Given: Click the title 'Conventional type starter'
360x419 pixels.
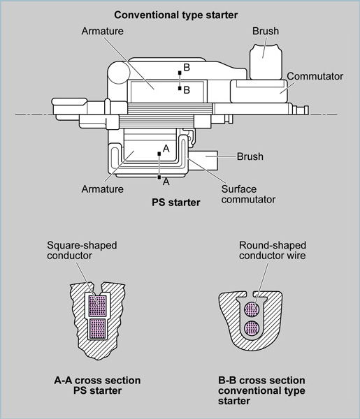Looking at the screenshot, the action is coord(175,15).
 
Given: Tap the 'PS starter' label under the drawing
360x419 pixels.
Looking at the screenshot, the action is coord(175,203).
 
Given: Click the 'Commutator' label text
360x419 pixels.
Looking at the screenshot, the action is coord(315,76).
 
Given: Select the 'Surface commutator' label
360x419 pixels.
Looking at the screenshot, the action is coord(248,194).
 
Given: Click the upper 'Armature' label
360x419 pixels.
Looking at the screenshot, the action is coord(103,31).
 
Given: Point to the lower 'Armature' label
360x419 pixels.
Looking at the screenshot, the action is coord(103,189).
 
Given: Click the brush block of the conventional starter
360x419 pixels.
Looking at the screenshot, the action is coord(266,62).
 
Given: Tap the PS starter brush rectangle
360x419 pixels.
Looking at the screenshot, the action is coord(203,160).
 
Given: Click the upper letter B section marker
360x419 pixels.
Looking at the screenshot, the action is coord(187,67).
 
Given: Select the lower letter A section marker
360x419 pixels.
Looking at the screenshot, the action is coord(166,182).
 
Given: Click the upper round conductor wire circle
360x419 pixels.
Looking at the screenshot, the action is coord(252,310).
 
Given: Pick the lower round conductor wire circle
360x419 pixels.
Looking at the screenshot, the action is coord(252,328).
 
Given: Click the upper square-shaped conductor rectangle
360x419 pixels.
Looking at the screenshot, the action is coord(97,306).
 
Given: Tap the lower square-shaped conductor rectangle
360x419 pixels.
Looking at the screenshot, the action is coord(98,328).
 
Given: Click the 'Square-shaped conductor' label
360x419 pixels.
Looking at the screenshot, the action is coord(82,250).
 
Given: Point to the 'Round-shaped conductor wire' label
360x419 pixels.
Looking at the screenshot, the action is coord(273,250).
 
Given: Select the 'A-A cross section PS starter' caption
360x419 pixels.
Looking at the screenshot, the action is coord(97,385).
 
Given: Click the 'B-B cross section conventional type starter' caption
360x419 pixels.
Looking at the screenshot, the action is coord(261,390).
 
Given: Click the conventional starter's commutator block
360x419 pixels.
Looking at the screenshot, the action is coord(259,91).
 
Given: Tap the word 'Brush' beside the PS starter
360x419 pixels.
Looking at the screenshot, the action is coord(250,156).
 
